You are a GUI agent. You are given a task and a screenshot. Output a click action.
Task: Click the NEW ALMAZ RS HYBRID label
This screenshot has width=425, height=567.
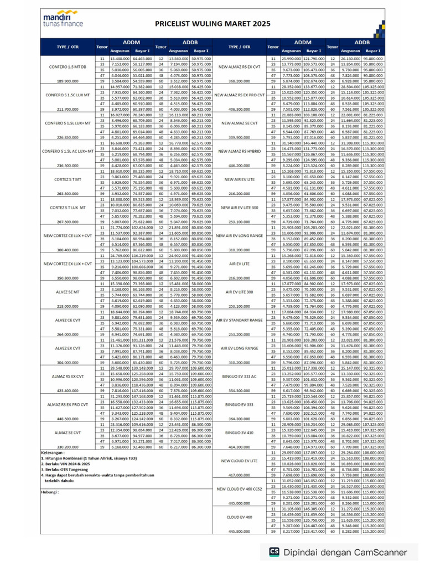[x=240, y=151]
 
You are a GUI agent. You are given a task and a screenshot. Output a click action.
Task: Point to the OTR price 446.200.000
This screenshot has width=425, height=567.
[x=240, y=166]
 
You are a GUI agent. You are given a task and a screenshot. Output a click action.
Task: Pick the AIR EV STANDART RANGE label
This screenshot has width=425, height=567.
[x=240, y=319]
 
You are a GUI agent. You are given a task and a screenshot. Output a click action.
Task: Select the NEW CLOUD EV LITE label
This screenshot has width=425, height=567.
[x=240, y=460]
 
